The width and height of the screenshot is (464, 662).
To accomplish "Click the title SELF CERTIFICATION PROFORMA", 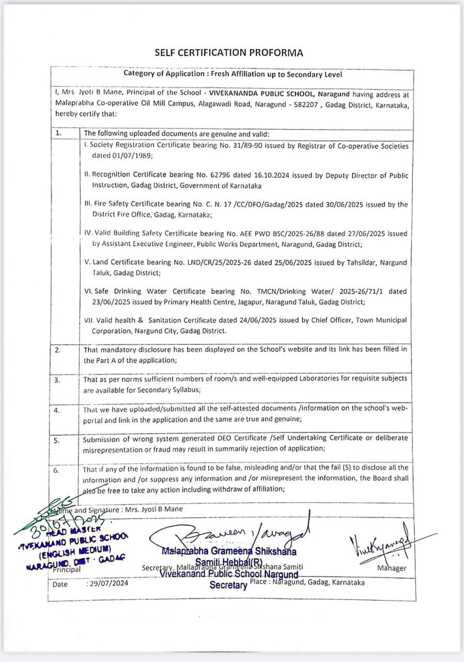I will pos(229,53).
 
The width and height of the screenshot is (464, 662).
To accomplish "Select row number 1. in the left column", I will pos(58,133).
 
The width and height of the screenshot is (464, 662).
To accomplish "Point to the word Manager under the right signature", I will pos(392,568).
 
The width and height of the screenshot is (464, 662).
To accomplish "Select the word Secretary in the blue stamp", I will pos(228,585).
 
